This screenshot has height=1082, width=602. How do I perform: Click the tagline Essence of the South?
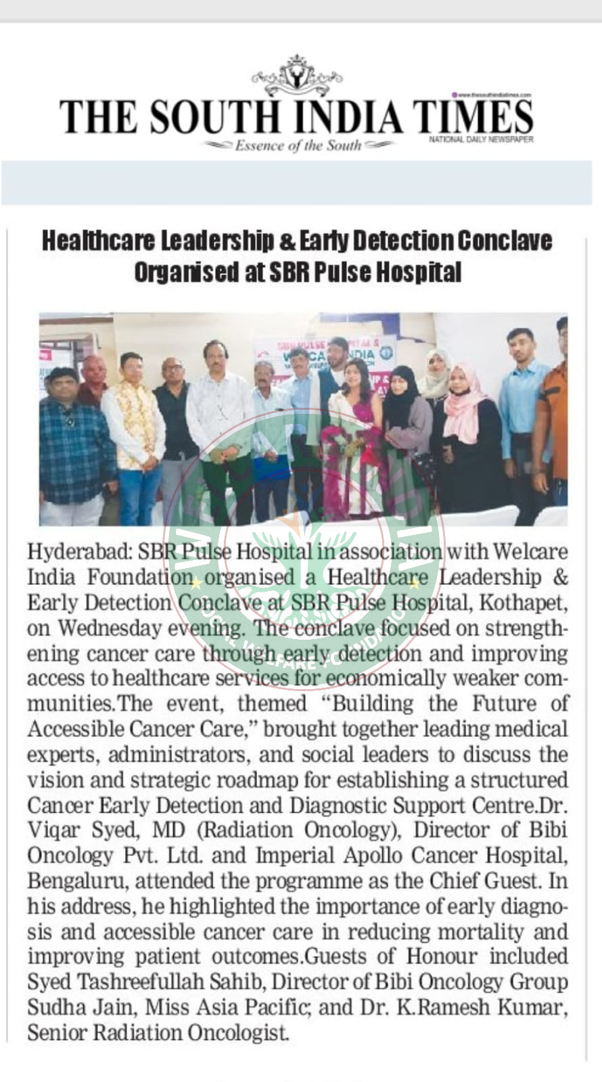coord(298,145)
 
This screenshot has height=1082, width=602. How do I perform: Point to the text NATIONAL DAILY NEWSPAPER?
coord(481,140)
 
